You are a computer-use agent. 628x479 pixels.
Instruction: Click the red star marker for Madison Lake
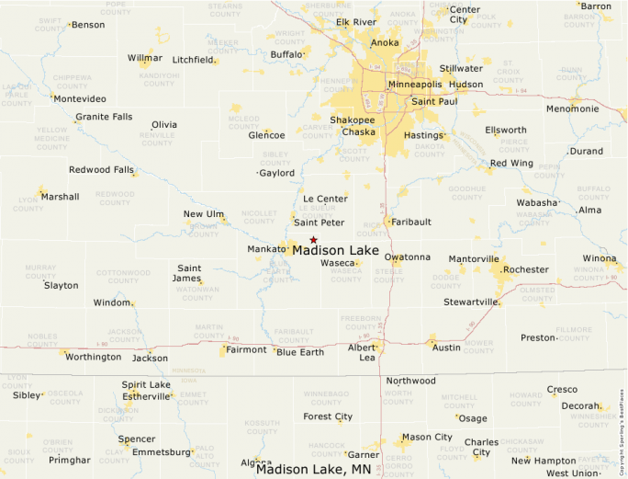(313, 240)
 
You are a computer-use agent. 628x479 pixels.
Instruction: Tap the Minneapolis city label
(414, 85)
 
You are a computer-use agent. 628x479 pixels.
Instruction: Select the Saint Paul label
(434, 101)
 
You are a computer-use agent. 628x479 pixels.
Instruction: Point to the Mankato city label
(267, 249)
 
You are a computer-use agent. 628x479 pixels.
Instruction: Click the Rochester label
(526, 269)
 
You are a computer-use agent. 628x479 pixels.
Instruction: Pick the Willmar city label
(144, 58)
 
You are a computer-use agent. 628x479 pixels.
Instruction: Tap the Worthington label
(93, 357)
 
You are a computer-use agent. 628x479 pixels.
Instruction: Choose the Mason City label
(427, 437)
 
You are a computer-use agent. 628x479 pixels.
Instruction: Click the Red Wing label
(510, 164)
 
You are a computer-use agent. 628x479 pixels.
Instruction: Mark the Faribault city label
(410, 222)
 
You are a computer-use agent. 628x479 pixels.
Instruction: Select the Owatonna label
(406, 257)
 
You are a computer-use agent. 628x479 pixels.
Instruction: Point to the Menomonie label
(572, 108)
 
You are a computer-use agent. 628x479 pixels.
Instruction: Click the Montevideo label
(79, 98)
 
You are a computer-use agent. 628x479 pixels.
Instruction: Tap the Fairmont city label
(246, 349)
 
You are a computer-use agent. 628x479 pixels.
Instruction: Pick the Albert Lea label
(362, 352)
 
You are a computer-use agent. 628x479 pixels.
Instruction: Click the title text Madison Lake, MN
(313, 469)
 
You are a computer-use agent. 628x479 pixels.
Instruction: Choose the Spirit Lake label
(146, 384)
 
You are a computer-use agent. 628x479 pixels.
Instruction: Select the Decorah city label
(581, 405)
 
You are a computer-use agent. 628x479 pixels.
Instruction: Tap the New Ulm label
(204, 214)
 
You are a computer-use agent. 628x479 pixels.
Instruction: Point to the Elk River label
(356, 22)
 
